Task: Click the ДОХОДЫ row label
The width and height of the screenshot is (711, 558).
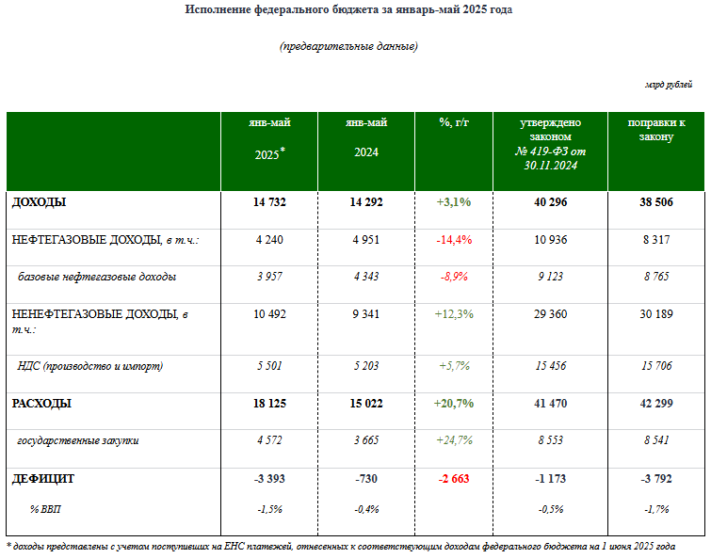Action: point(39,202)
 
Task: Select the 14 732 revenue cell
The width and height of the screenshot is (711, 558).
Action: point(269,202)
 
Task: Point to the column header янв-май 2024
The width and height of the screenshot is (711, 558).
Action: point(366,137)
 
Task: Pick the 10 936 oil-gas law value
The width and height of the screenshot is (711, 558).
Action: point(551,240)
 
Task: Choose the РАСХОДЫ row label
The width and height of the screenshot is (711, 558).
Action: point(41,404)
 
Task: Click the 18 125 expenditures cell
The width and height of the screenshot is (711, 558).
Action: point(269,404)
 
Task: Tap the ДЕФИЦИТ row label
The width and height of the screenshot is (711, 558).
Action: point(43,479)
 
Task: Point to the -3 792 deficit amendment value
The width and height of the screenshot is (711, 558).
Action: point(656,479)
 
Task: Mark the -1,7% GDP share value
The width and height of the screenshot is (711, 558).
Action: point(656,509)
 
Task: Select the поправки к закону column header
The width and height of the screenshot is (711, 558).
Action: point(656,130)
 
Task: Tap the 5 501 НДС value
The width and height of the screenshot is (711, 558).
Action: point(269,366)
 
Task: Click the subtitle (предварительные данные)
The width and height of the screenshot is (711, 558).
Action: point(348,46)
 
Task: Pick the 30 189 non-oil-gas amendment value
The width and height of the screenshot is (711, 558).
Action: point(656,314)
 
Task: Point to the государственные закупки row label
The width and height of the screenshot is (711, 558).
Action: point(78,439)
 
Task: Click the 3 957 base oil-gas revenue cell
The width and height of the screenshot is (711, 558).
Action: point(269,277)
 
